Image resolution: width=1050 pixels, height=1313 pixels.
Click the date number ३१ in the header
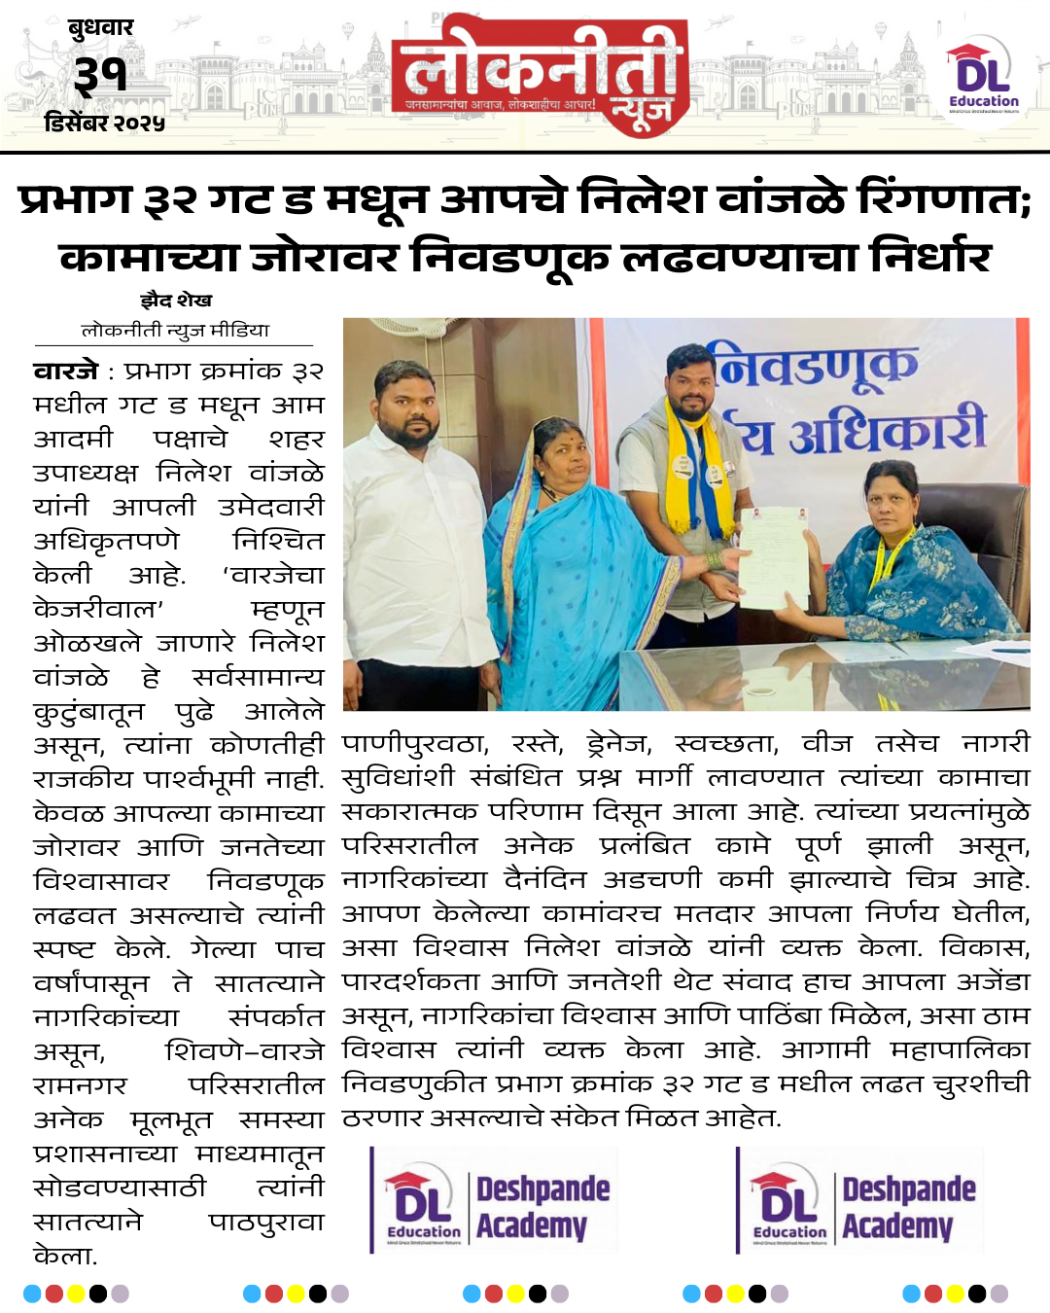click(100, 74)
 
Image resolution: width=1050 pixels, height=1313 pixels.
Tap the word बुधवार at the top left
click(100, 27)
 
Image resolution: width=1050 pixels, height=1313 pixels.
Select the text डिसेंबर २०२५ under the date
click(104, 124)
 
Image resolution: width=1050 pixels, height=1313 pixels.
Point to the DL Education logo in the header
click(983, 76)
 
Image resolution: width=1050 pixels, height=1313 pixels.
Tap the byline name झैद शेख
click(176, 301)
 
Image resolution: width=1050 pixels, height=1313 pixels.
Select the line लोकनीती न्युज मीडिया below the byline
click(175, 331)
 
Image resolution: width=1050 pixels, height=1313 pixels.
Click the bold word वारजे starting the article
click(66, 372)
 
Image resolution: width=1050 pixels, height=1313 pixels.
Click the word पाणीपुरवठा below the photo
click(414, 745)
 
